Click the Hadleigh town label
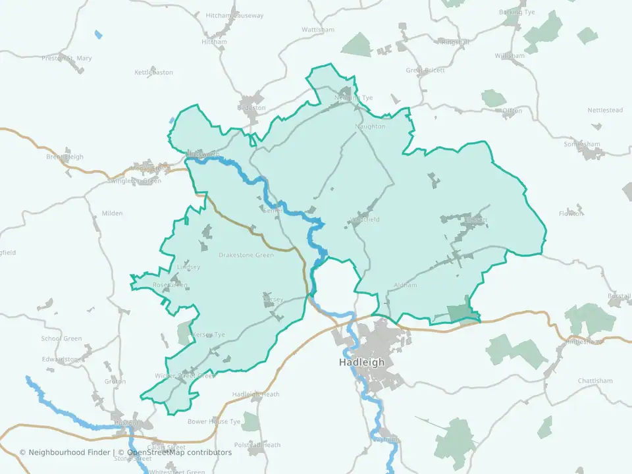pyautogui.click(x=361, y=362)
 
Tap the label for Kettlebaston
pyautogui.click(x=153, y=72)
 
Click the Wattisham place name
pyautogui.click(x=318, y=30)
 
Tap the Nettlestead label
pyautogui.click(x=605, y=111)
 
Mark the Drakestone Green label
pyautogui.click(x=246, y=255)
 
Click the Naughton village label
pyautogui.click(x=370, y=126)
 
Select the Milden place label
pyautogui.click(x=112, y=213)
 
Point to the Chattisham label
pyautogui.click(x=595, y=381)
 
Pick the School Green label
pyautogui.click(x=62, y=338)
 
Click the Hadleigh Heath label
pyautogui.click(x=255, y=394)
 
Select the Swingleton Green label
pyautogui.click(x=134, y=181)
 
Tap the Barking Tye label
pyautogui.click(x=517, y=12)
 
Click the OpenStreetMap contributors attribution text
pyautogui.click(x=179, y=452)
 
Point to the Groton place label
pyautogui.click(x=115, y=381)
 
